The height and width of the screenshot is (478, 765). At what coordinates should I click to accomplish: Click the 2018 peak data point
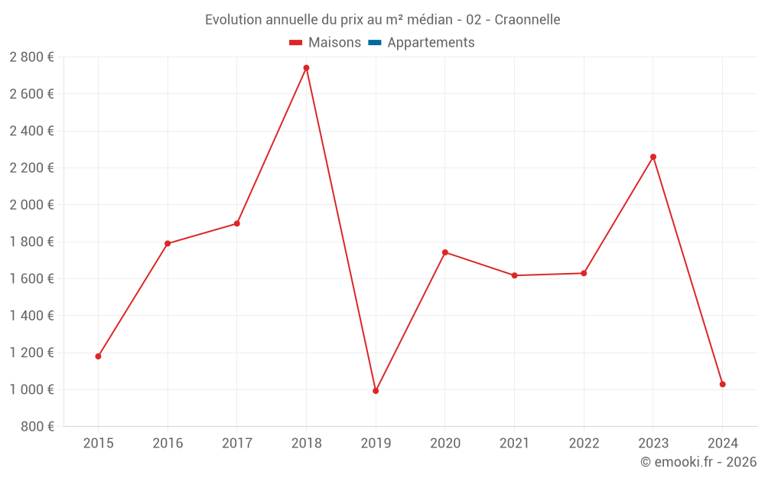(x=306, y=68)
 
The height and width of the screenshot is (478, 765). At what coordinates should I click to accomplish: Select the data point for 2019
(x=376, y=391)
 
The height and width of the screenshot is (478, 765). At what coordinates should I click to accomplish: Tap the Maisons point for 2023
(x=653, y=157)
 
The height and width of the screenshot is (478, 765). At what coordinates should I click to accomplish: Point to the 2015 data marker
(x=98, y=356)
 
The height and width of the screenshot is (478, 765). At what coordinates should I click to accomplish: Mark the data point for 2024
(x=723, y=384)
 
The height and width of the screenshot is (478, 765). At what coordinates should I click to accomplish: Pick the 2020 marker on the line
(x=445, y=252)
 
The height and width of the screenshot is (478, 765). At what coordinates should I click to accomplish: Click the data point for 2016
(x=168, y=243)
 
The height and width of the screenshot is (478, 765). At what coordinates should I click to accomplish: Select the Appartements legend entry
(x=431, y=43)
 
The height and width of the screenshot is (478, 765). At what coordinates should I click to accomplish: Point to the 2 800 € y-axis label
(x=31, y=57)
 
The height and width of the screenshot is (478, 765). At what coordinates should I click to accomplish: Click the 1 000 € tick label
(x=31, y=389)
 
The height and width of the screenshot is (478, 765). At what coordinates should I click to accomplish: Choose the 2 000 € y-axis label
(x=31, y=205)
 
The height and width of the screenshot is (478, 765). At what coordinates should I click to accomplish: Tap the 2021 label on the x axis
(x=514, y=444)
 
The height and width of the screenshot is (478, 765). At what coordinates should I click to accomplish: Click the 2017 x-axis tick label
(x=237, y=444)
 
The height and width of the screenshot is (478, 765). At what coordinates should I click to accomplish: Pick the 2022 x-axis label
(x=584, y=444)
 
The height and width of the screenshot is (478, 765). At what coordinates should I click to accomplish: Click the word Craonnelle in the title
(x=527, y=20)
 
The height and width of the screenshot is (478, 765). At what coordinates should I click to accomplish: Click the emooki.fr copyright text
(x=698, y=462)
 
